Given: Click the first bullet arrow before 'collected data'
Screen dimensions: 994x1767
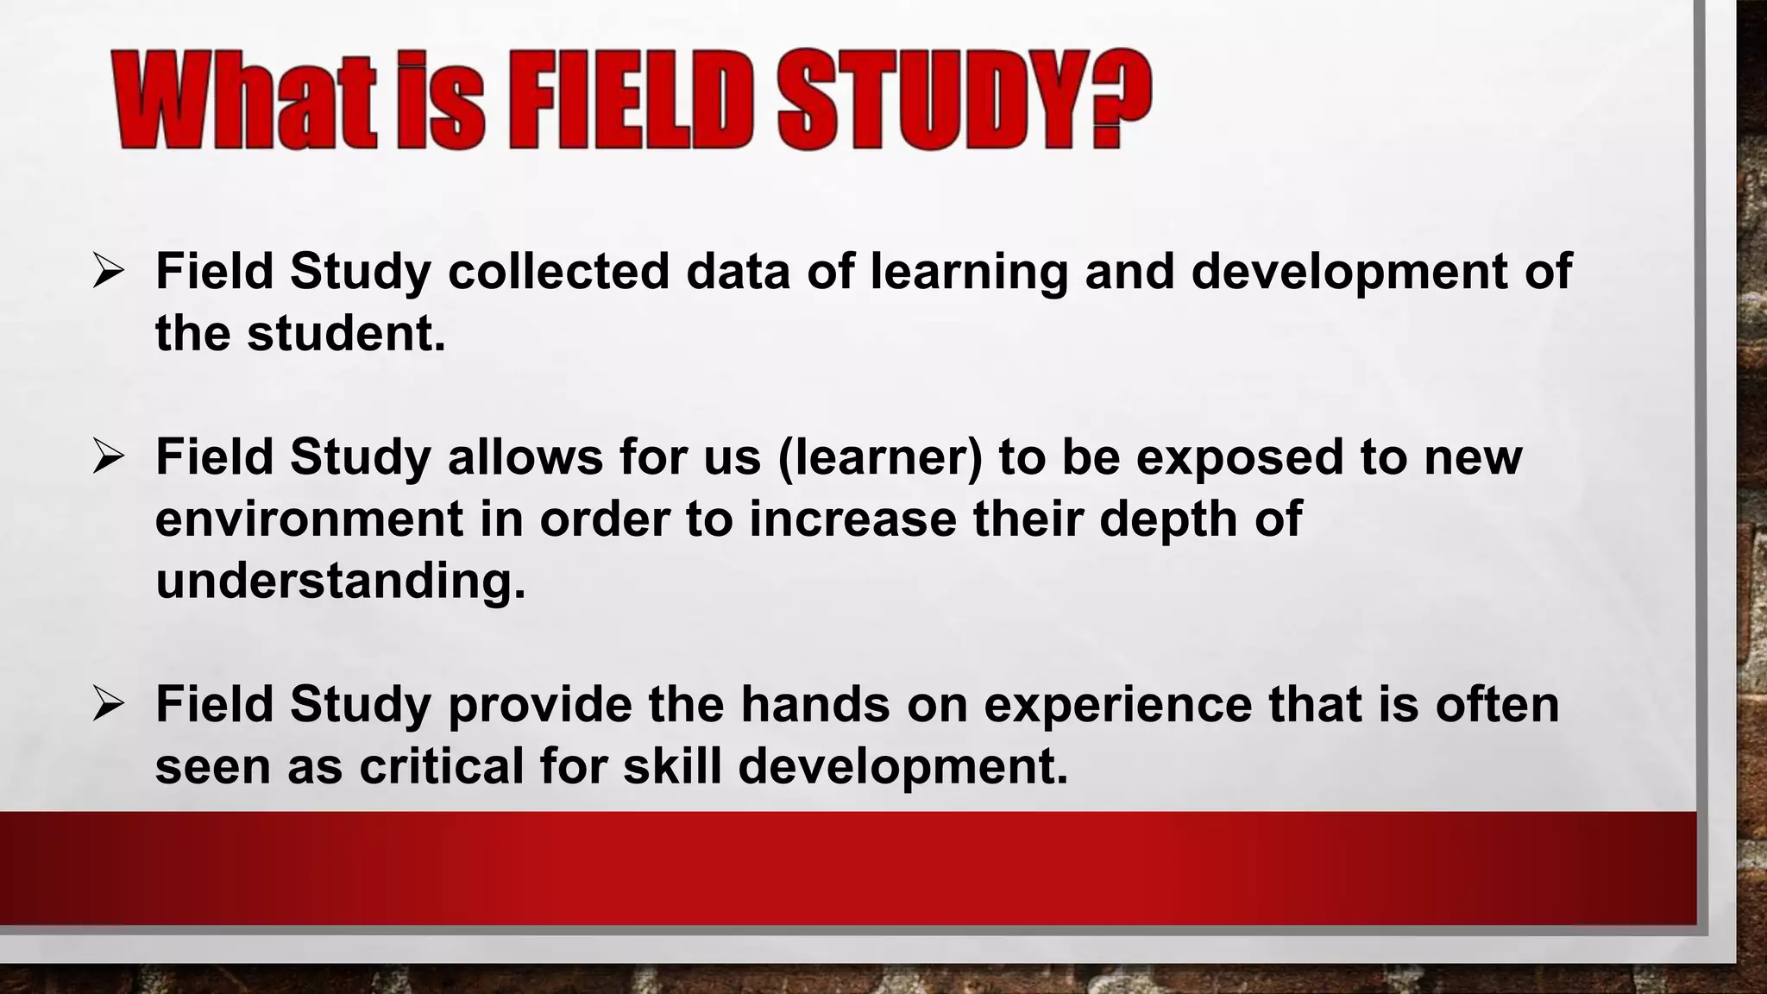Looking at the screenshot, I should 110,272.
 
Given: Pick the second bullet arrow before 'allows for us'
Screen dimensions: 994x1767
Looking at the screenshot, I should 110,457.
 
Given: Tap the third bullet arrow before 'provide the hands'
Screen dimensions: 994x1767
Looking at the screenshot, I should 110,705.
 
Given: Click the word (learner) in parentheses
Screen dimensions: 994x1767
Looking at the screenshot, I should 880,457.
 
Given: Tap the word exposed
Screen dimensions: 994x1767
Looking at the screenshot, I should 1240,457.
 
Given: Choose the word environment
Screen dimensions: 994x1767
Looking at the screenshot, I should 309,519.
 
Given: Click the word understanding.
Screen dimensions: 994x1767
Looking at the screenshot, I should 340,582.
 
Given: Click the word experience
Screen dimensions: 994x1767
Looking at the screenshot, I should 1118,705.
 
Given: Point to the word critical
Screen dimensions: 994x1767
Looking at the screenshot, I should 441,765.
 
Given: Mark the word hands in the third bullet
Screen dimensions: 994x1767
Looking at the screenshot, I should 815,703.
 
